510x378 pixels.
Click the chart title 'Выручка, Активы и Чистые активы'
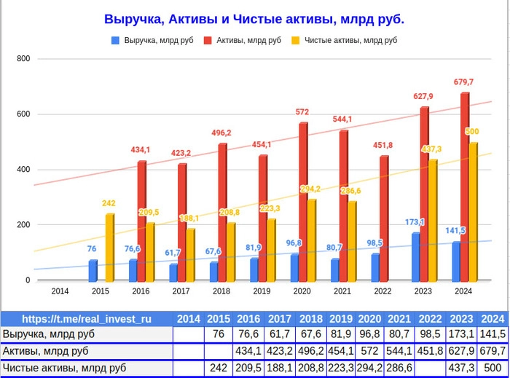pyautogui.click(x=254, y=19)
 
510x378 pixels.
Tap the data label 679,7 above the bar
pyautogui.click(x=464, y=82)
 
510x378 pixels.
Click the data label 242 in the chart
pyautogui.click(x=109, y=203)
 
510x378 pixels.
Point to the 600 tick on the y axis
pyautogui.click(x=23, y=114)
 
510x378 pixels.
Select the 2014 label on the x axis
pyautogui.click(x=60, y=291)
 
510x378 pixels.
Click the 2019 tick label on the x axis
pyautogui.click(x=262, y=291)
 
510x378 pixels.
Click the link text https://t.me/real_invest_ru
pyautogui.click(x=87, y=318)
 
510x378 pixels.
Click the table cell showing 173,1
pyautogui.click(x=462, y=334)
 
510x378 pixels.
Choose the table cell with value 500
pyautogui.click(x=493, y=369)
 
